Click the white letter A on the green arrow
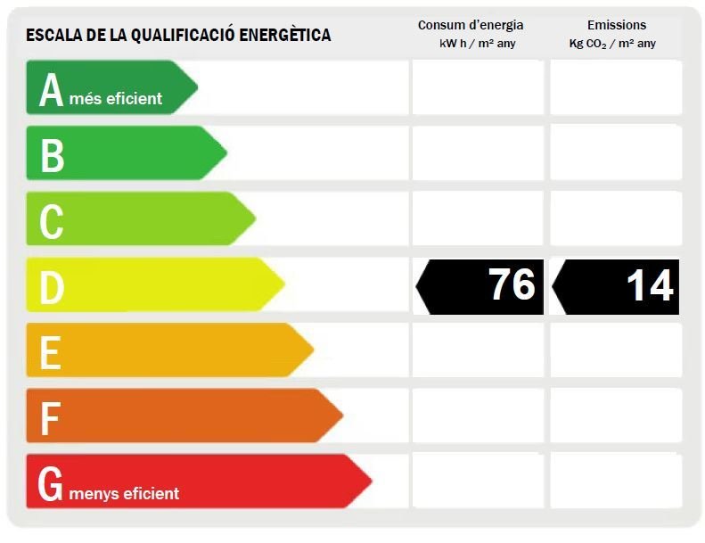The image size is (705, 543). (51, 89)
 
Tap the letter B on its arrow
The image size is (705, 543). (53, 155)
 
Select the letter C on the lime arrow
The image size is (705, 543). (52, 221)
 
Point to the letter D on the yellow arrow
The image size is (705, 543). (52, 287)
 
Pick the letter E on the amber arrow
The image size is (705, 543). (50, 353)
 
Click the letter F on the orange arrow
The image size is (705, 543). (50, 418)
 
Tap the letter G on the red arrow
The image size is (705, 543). (50, 483)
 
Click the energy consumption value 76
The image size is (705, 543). (512, 284)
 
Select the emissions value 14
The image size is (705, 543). (650, 285)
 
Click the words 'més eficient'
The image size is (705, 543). (116, 98)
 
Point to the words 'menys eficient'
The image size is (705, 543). (124, 493)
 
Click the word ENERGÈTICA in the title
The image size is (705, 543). (285, 35)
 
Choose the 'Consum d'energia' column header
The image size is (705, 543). (471, 25)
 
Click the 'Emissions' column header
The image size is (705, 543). (617, 25)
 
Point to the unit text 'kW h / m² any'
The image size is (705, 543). (478, 44)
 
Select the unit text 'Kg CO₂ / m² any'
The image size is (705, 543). (612, 44)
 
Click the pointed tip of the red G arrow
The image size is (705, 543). (372, 481)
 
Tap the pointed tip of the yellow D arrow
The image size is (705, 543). (284, 284)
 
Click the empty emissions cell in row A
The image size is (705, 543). (616, 87)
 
